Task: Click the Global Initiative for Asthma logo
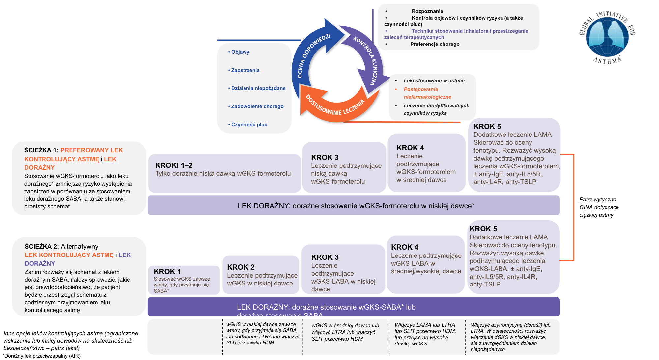point(607,37)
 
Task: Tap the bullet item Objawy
point(240,52)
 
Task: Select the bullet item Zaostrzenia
point(245,70)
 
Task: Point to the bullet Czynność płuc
point(249,125)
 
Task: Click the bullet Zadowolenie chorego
point(257,106)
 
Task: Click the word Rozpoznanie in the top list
point(427,11)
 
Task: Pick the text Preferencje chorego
point(435,44)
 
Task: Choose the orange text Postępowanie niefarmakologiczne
point(427,93)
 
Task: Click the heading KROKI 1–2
point(174,165)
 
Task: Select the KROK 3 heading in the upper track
point(325,157)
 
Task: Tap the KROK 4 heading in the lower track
point(405,247)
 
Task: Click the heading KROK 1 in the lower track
point(167,271)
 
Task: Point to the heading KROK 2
point(241,267)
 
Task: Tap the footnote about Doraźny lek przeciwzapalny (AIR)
point(42,356)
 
